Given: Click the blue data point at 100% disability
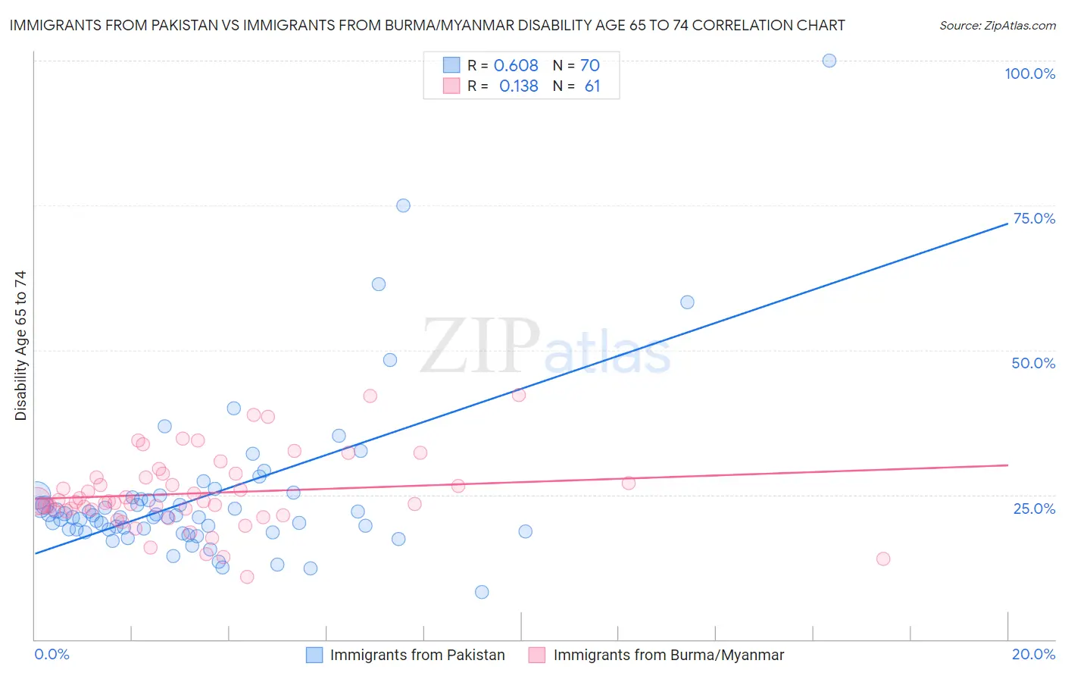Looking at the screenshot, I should [x=829, y=61].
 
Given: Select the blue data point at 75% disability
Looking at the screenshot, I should [x=403, y=205].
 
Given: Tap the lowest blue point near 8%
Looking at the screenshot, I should [x=482, y=592].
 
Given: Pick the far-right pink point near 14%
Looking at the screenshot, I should [x=882, y=559].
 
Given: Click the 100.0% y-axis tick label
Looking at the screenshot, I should [x=1029, y=74].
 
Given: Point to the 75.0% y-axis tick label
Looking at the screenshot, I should [x=1034, y=218].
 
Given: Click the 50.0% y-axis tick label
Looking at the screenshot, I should [x=1033, y=363].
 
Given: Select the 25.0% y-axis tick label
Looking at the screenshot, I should [x=1034, y=508].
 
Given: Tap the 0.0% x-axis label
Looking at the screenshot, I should [x=52, y=654].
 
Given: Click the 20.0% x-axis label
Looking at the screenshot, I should [x=1033, y=654].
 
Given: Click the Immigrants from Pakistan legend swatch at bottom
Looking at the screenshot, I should [x=314, y=655].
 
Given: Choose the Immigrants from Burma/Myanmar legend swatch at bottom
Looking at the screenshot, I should [x=537, y=655].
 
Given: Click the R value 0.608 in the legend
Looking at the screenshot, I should [x=516, y=66].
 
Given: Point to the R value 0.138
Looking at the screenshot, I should [x=518, y=86].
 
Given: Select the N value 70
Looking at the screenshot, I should [x=589, y=66].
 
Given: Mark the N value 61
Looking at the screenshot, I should [x=592, y=86].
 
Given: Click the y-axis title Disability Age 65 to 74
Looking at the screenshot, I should [x=20, y=345].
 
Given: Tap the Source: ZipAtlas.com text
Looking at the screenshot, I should [x=997, y=26].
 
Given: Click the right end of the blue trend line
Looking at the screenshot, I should [x=1007, y=224].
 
